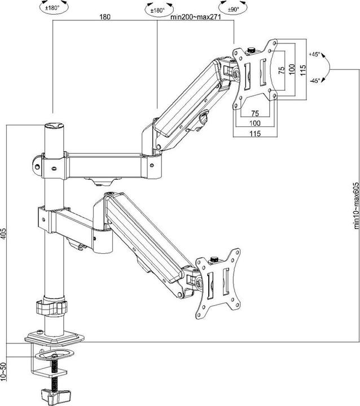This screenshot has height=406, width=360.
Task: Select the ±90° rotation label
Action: click(233, 10)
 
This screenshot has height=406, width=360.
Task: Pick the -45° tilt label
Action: click(314, 80)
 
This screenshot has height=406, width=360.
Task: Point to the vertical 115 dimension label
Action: click(303, 70)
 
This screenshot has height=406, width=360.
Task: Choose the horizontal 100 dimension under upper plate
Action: click(255, 122)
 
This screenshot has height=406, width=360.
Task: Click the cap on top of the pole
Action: click(53, 126)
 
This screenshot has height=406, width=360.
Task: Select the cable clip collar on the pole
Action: click(51, 307)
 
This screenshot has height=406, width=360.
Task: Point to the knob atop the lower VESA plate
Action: click(214, 260)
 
